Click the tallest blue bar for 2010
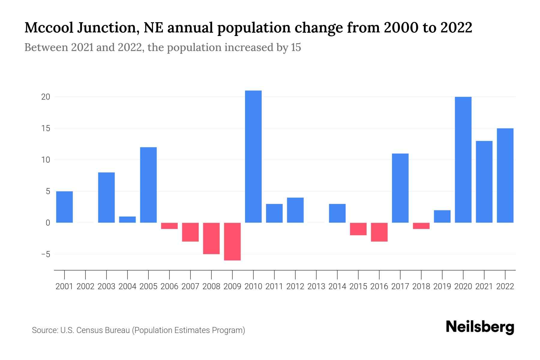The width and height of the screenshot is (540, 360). pos(253,156)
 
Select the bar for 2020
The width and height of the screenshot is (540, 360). pos(463,160)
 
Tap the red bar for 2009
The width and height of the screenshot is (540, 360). pos(232,241)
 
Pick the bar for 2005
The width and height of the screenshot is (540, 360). pos(148,185)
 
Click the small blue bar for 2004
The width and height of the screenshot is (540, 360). pos(127,220)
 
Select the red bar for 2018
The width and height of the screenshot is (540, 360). pos(421,226)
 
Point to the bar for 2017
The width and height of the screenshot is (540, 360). pos(400,188)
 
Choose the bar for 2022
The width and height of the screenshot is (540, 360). pos(505,175)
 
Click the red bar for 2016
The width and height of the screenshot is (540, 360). pos(379,232)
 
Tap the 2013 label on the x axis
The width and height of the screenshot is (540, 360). pos(316,286)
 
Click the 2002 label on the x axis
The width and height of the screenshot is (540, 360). pos(85,286)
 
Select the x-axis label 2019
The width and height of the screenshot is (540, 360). pos(442,286)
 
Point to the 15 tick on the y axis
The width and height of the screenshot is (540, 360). pos(46,128)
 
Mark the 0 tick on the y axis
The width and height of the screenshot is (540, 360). pos(48,223)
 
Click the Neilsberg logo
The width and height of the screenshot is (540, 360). pos(480,327)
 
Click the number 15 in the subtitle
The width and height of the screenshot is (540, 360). pos(295,47)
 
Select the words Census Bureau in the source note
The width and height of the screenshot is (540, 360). pos(103,330)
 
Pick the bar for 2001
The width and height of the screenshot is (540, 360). pos(64,207)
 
